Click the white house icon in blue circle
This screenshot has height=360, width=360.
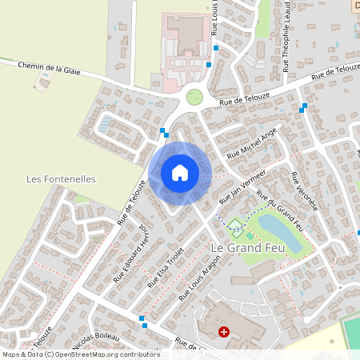(180, 172)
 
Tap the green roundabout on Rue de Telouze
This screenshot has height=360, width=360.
(194, 98)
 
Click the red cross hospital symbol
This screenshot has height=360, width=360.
(224, 330)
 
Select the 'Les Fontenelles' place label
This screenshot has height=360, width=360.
(61, 179)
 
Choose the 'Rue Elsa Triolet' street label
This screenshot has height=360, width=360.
(166, 266)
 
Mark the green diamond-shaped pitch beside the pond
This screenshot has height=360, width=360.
(235, 225)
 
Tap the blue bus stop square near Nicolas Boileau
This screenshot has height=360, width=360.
(142, 319)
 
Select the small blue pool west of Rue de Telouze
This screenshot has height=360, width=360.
(106, 124)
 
